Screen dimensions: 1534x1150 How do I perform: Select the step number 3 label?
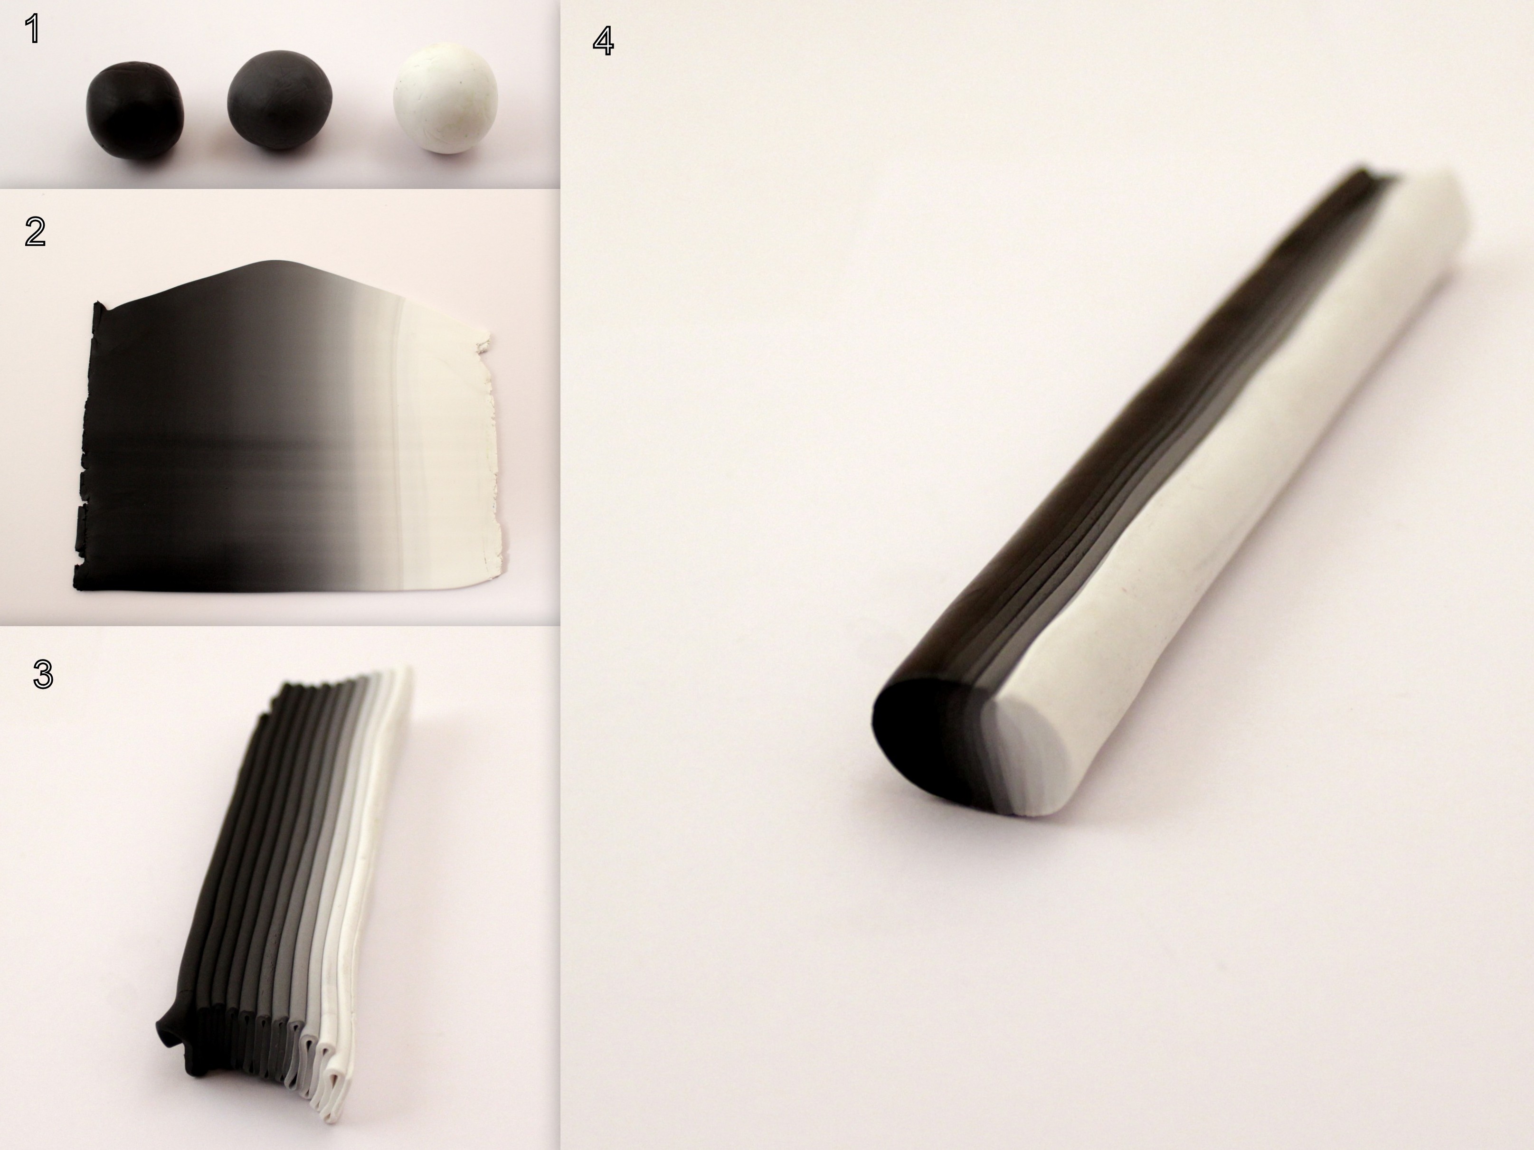tap(43, 674)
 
